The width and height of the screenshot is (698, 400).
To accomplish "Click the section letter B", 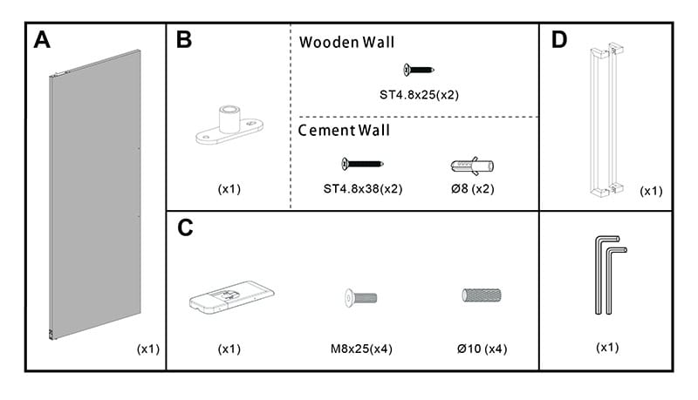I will [184, 41].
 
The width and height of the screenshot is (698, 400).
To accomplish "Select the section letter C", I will [185, 228].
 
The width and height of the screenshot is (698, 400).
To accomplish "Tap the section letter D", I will [559, 41].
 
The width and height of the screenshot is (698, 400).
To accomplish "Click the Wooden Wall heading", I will [346, 42].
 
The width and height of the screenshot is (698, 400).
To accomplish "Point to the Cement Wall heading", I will [344, 131].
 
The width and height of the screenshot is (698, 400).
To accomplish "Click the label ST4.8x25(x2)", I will [419, 94].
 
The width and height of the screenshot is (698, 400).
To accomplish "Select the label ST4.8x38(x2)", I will [362, 187].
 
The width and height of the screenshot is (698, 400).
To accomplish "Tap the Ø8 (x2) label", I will [473, 187].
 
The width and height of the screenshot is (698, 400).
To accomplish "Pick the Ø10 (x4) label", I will [482, 349].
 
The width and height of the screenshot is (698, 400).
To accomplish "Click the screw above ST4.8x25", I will [419, 70].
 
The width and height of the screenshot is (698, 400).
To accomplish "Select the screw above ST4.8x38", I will [362, 163].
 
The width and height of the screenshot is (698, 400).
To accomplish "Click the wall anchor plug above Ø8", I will [472, 165].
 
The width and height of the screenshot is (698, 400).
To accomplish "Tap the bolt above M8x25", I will [355, 297].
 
